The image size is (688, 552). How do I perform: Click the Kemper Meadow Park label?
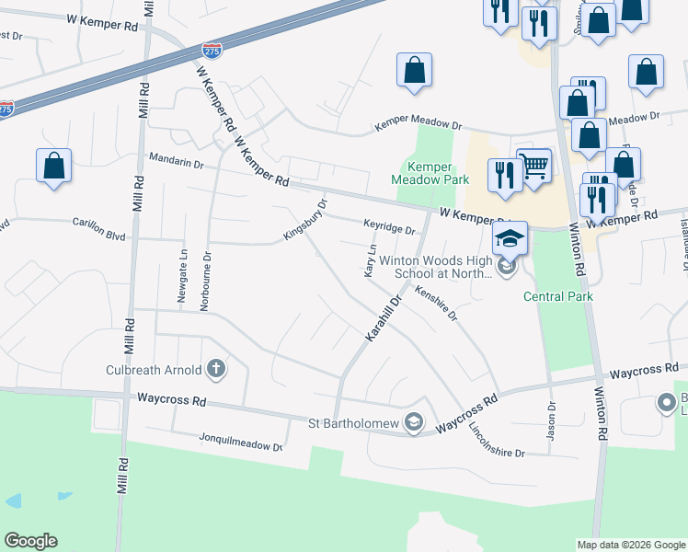coord(430,173)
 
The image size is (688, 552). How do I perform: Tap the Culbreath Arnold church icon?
coord(216,370)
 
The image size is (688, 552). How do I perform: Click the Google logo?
coord(30,541)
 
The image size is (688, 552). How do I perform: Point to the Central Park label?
coord(558,296)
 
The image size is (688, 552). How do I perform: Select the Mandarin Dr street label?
coord(175,162)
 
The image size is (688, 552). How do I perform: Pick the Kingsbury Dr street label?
coord(305,221)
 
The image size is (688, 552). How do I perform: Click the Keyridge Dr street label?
coord(389,225)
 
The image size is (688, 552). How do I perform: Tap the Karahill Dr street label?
coord(384,318)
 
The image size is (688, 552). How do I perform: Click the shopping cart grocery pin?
coord(533,166)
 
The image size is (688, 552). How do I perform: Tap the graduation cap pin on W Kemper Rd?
coord(509,239)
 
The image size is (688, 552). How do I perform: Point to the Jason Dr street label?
coord(552,420)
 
